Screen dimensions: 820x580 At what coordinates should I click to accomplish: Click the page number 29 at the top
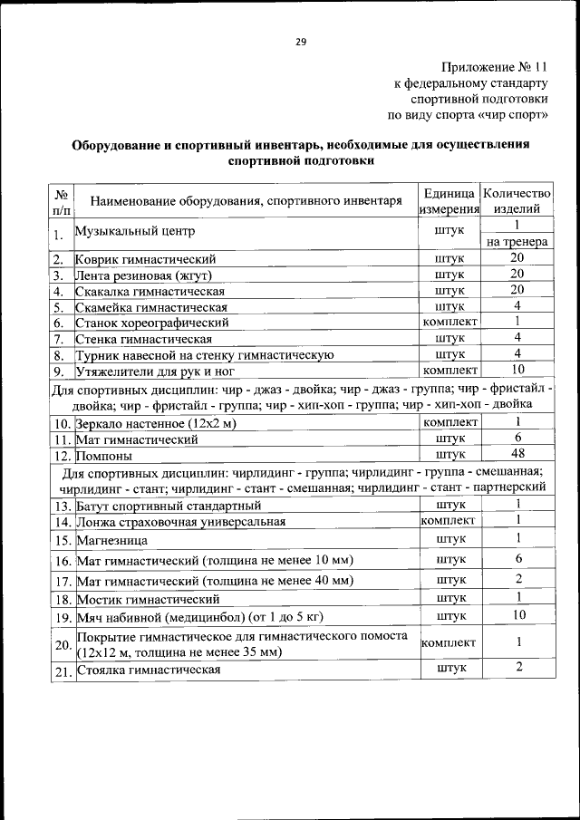301,41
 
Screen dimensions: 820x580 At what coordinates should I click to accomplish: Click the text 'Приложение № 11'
495,68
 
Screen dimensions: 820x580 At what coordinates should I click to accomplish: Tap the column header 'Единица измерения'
449,201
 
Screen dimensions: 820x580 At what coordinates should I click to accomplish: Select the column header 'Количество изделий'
517,201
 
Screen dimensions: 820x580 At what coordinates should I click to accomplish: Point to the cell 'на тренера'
517,242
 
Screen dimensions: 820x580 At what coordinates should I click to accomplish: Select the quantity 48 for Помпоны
517,454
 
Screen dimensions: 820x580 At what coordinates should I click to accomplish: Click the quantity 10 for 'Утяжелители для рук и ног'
517,370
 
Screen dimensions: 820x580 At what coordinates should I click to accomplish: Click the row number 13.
62,506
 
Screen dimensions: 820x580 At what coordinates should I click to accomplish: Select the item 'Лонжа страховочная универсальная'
181,521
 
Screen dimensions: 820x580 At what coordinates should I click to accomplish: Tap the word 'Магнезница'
112,540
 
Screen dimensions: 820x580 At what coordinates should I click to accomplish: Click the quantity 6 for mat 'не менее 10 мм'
517,559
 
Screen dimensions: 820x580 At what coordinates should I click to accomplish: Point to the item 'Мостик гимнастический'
149,599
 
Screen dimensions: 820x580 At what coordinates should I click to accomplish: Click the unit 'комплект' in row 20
449,642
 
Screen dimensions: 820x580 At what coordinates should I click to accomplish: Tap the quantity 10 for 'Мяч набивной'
517,616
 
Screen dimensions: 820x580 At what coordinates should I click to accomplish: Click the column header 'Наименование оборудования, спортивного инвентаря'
245,201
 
